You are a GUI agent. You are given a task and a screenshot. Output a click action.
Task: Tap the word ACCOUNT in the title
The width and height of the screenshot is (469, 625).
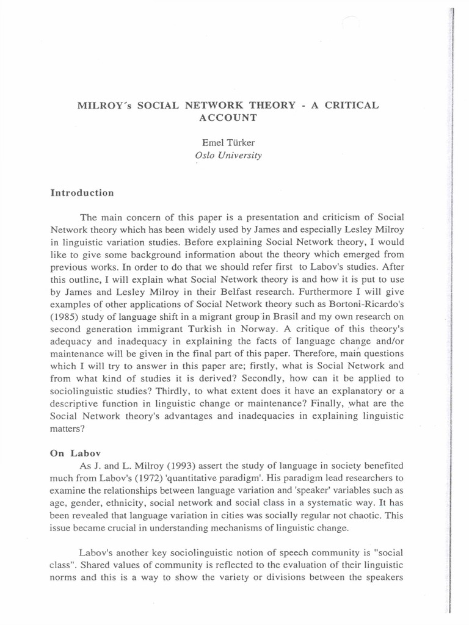(x=228, y=117)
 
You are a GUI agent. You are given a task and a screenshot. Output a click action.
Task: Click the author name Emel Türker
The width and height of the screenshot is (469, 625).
(x=228, y=142)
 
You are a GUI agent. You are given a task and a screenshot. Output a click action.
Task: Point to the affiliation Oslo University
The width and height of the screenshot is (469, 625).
(x=228, y=155)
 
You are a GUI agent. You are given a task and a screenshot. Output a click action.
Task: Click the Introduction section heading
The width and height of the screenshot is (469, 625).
(x=82, y=193)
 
